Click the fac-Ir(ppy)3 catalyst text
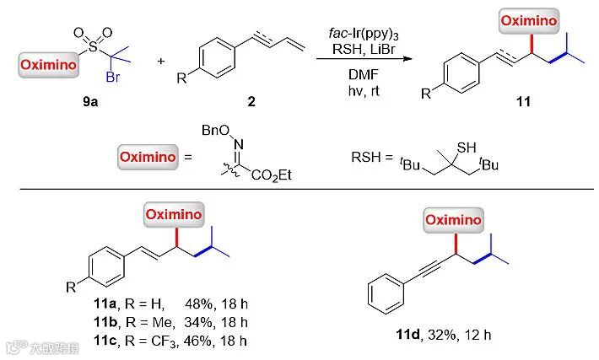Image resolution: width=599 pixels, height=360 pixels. point(353,33)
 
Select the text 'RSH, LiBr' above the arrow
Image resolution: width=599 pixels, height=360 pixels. point(353,48)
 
